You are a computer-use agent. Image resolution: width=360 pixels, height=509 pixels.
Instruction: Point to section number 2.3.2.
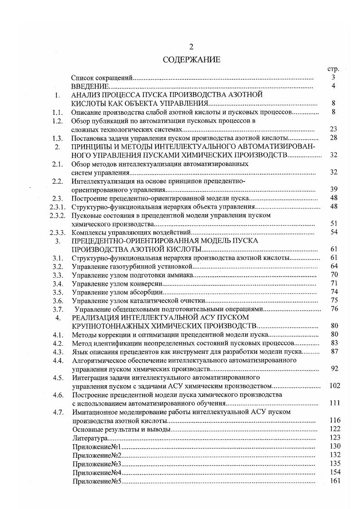point(58,215)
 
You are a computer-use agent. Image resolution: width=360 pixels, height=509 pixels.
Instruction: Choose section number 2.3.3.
point(58,232)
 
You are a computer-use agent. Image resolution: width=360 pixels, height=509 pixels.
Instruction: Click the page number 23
point(333,129)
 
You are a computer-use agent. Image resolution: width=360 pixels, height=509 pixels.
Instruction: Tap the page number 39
point(333,190)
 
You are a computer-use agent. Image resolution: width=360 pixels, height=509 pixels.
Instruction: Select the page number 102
point(334,386)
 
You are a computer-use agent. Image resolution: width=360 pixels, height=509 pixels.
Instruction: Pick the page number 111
point(334,403)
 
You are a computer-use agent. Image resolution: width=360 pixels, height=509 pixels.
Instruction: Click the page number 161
point(335,481)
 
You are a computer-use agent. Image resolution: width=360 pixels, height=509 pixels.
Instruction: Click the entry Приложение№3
point(96,464)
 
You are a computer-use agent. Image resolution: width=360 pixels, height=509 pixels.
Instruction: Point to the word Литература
point(89,438)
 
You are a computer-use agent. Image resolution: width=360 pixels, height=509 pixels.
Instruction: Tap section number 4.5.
point(58,377)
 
